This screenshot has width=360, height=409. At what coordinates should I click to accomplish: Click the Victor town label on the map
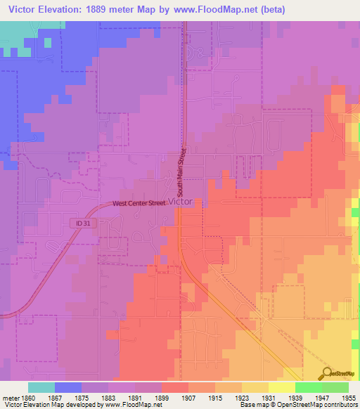[x=181, y=201]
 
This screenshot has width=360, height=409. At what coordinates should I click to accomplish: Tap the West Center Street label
[x=139, y=204]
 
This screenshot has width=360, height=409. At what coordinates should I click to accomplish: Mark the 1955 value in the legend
[x=339, y=398]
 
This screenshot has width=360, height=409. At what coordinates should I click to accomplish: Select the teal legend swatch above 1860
[x=41, y=387]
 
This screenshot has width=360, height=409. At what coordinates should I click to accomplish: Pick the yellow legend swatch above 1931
[x=282, y=387]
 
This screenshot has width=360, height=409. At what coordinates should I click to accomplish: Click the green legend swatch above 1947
[x=309, y=387]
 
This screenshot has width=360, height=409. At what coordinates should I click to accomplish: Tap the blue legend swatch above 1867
[x=68, y=387]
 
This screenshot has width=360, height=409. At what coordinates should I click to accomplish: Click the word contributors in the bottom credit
[x=340, y=405]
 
